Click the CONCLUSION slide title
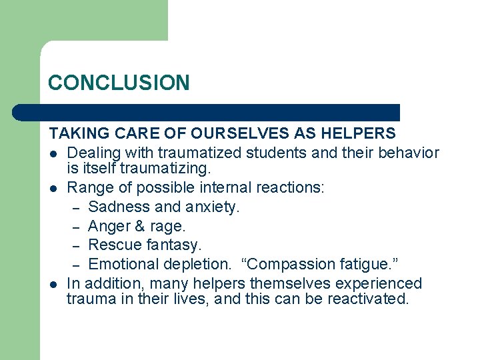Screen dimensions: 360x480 [x=119, y=83]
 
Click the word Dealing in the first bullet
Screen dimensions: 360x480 [x=92, y=153]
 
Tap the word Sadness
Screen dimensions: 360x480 [x=117, y=207]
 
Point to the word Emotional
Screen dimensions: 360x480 [x=125, y=264]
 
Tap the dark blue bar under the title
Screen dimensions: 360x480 [x=220, y=113]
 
